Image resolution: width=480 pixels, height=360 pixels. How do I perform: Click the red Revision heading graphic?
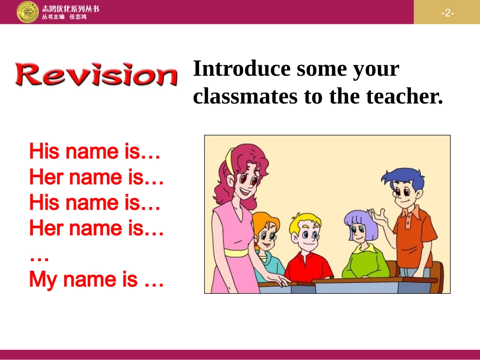click(97, 75)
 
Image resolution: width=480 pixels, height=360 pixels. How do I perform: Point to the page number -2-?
click(447, 13)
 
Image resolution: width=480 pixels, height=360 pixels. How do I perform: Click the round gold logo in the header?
click(27, 12)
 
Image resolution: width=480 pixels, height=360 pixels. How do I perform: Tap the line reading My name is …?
click(96, 279)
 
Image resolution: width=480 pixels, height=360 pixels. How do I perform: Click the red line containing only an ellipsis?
click(39, 256)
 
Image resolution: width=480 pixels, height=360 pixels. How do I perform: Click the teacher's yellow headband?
click(230, 160)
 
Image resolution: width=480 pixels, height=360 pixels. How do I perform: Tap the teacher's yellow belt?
click(236, 252)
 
